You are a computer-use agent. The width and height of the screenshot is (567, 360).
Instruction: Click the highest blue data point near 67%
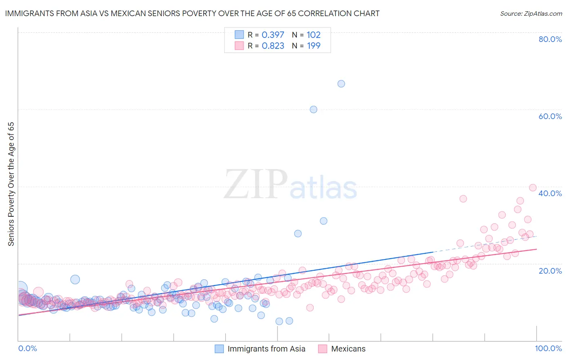341,84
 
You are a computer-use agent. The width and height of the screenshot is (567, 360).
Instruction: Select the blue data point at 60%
313,109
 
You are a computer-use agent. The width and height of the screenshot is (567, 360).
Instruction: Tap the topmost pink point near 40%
533,188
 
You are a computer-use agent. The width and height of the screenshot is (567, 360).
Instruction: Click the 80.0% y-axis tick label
550,39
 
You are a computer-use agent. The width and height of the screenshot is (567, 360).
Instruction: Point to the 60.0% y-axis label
550,116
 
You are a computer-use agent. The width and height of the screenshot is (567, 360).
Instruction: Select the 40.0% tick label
550,193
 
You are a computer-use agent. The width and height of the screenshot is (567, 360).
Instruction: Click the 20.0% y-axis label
550,270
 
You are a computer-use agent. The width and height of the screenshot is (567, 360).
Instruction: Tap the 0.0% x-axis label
27,348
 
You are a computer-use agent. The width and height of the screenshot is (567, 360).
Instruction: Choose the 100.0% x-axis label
548,348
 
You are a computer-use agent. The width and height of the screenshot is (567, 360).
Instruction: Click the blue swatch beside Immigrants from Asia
219,349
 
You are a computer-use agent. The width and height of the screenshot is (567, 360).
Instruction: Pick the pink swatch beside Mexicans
323,349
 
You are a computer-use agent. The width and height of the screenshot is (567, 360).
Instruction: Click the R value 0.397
273,35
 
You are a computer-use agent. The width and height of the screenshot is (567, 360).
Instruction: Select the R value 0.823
273,46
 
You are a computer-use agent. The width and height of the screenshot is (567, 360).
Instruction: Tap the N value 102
313,35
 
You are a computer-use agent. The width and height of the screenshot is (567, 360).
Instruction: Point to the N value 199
313,46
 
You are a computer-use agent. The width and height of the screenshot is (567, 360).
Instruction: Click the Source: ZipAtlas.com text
531,13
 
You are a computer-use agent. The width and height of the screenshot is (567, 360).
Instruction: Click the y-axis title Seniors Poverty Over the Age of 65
11,184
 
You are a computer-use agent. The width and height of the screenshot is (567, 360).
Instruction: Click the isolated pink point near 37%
463,199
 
